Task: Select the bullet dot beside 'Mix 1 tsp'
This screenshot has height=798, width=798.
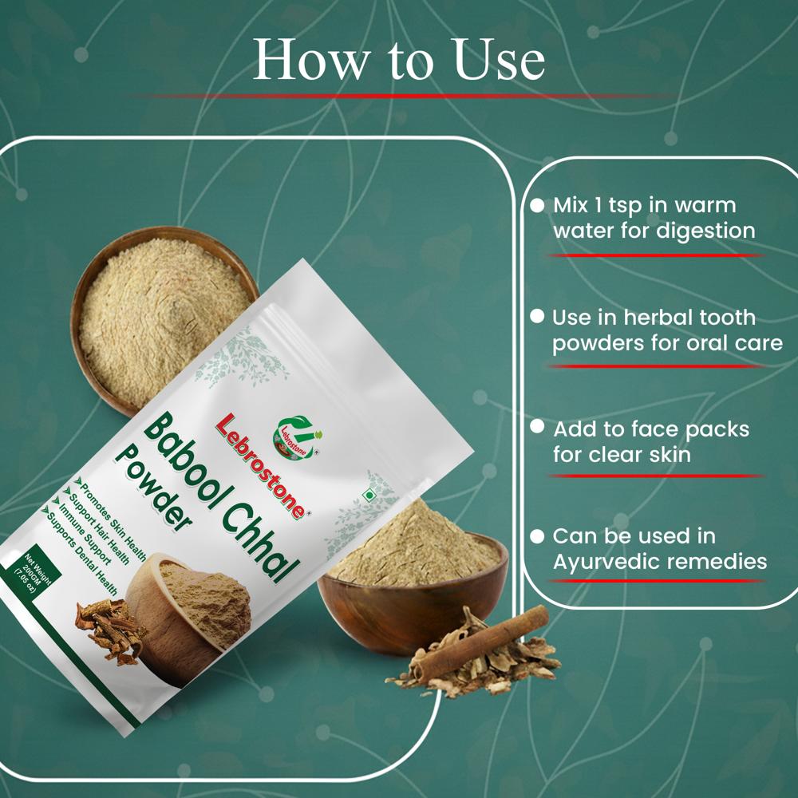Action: pos(537,205)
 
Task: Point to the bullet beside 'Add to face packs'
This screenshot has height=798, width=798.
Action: pos(537,428)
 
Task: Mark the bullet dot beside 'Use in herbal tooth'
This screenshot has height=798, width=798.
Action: pos(537,317)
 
